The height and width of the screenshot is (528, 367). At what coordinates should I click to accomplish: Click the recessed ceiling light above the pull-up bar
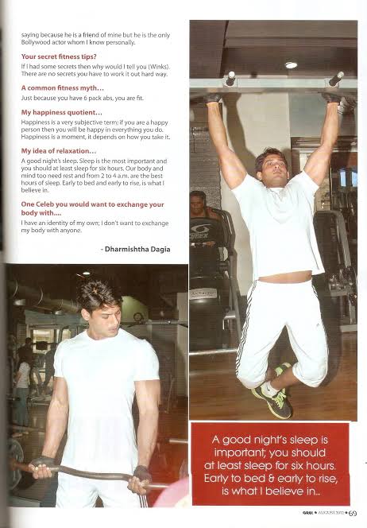point(291,65)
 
